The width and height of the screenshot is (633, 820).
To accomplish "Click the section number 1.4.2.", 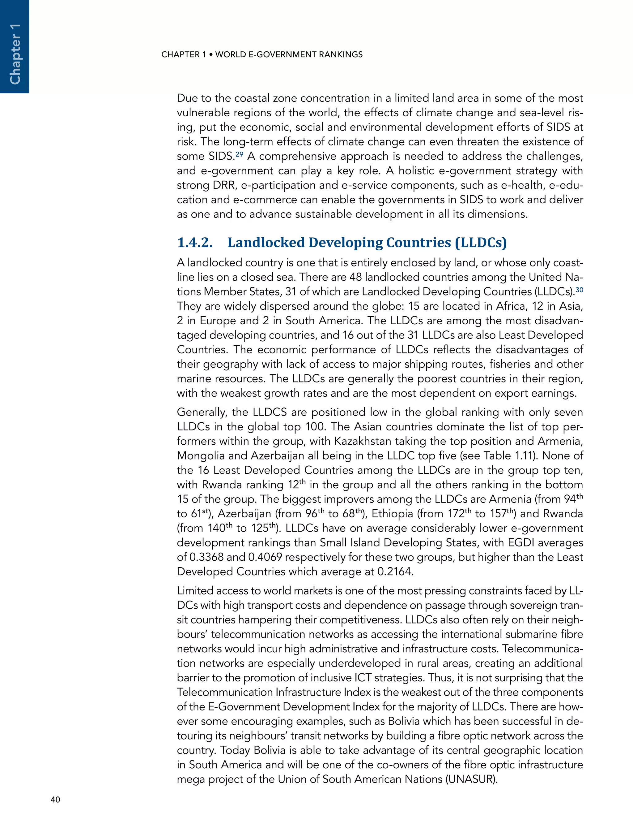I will click(195, 243).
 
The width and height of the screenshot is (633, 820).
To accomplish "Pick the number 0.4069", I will click(264, 557).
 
